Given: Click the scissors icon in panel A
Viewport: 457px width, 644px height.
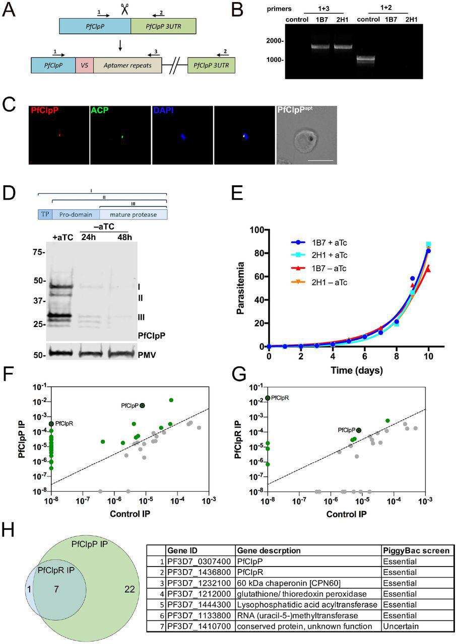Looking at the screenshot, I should click(124, 10).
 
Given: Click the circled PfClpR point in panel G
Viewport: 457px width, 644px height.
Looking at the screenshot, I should click(268, 398).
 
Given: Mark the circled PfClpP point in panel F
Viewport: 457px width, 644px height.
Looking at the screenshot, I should click(143, 406).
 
